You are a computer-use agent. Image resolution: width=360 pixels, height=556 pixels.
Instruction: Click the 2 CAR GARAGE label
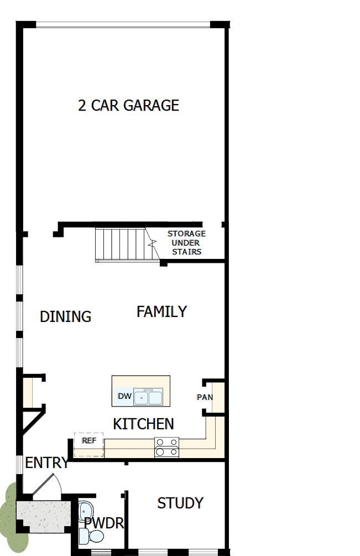[128, 105]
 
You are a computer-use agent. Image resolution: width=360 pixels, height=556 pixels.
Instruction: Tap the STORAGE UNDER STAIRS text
[186, 243]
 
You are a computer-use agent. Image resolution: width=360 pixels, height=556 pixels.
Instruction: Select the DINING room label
[65, 316]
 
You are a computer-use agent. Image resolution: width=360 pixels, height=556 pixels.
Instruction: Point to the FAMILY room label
[161, 311]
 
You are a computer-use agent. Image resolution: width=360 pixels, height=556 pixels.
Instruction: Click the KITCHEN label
[143, 424]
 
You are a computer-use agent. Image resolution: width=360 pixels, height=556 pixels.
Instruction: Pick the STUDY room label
[180, 503]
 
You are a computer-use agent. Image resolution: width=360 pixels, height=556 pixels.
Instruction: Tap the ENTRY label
[47, 463]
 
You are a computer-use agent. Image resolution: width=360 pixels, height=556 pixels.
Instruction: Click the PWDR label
[103, 523]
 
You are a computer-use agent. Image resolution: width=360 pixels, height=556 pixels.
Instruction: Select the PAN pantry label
[205, 397]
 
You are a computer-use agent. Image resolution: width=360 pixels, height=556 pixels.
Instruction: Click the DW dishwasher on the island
[124, 396]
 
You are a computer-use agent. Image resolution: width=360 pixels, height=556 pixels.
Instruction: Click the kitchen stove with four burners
[167, 446]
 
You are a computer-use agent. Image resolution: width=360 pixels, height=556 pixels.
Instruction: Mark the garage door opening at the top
[123, 24]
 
